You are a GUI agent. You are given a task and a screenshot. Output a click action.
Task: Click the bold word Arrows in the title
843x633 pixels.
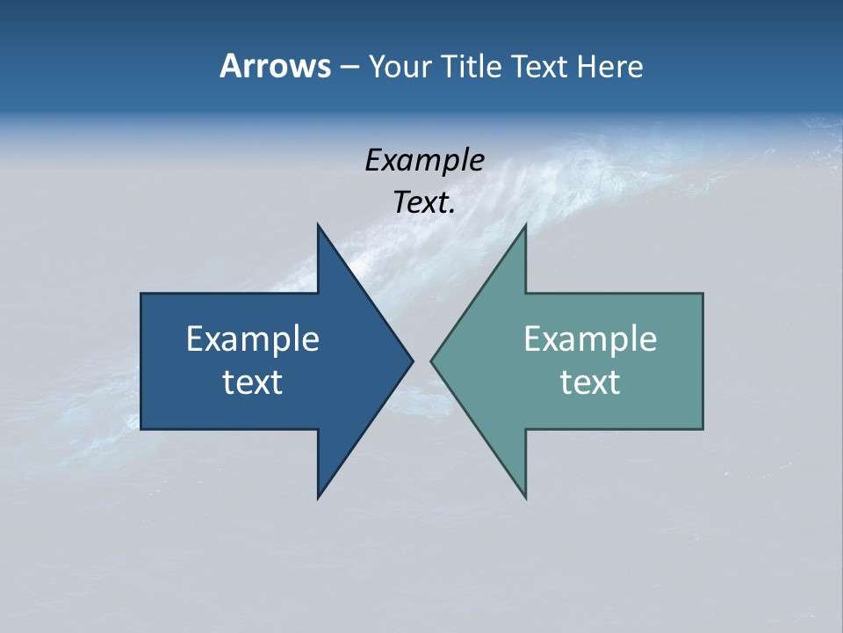[x=274, y=66]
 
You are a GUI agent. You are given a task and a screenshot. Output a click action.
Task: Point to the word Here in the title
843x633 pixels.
[x=610, y=66]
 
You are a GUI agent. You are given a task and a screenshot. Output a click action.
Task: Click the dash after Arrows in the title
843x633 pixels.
[x=349, y=68]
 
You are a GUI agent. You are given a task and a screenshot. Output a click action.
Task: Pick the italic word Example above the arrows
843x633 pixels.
[x=424, y=161]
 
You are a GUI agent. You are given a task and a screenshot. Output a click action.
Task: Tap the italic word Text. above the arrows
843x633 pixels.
[x=424, y=203]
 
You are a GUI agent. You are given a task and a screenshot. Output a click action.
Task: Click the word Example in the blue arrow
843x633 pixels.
[x=253, y=339]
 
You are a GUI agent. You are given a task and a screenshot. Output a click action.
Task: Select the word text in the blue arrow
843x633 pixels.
[x=253, y=382]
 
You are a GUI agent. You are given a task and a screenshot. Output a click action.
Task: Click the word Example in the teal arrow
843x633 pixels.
[x=590, y=339]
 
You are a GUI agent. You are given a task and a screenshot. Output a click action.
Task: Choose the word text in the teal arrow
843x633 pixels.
[x=590, y=382]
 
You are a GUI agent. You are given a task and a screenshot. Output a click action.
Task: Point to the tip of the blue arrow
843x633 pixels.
[x=413, y=360]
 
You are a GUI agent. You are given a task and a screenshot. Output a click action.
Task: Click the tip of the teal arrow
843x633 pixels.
[x=431, y=360]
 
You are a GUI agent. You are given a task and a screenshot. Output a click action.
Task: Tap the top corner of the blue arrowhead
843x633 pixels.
[x=318, y=224]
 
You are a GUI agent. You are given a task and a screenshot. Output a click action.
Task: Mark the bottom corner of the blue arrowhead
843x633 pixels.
[x=318, y=498]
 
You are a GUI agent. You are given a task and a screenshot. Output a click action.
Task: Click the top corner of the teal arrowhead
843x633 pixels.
[x=525, y=224]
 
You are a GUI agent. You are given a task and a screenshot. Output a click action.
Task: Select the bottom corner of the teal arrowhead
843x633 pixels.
[x=525, y=498]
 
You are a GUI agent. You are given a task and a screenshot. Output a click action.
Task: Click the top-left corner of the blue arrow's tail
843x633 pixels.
[x=141, y=294]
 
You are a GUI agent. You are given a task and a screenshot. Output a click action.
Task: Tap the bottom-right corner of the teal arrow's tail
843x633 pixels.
[x=702, y=429]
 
